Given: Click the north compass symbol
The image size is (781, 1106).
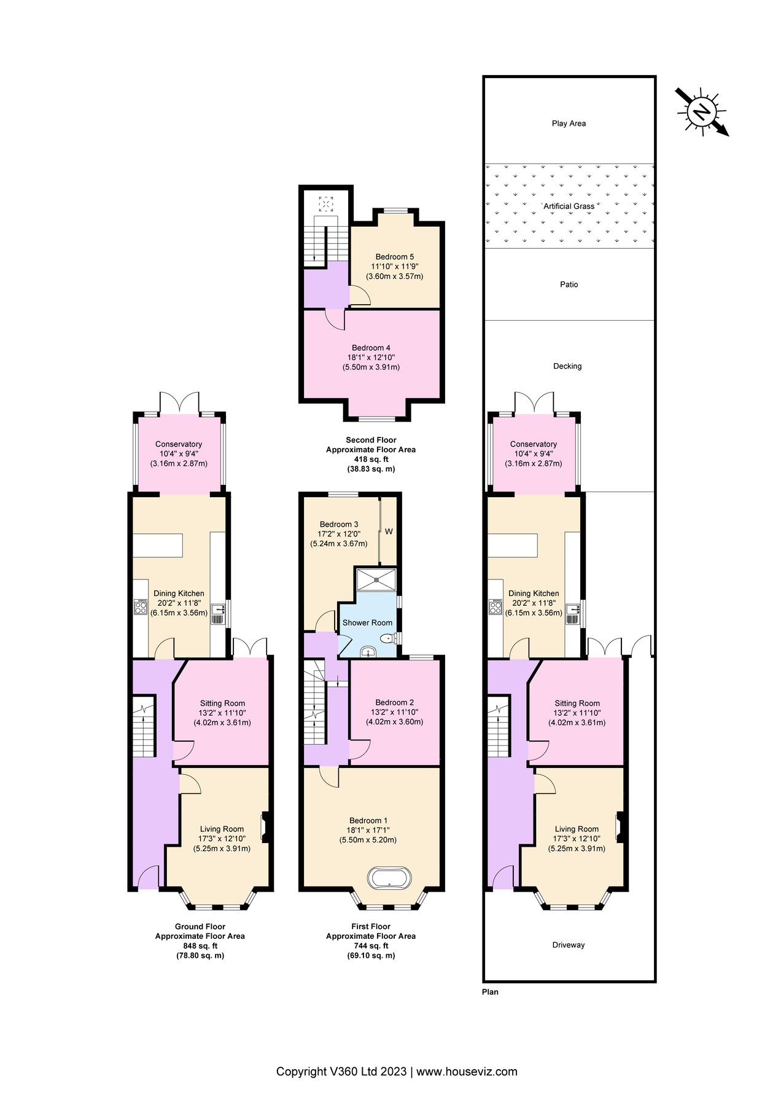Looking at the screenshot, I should click(701, 112).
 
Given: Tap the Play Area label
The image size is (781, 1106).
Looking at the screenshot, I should click(569, 124).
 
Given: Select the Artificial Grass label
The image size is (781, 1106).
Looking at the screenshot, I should click(569, 206).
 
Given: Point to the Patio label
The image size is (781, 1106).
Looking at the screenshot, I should click(569, 284).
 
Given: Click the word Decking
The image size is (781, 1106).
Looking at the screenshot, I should click(567, 366).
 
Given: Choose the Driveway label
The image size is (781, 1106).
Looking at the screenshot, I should click(569, 945).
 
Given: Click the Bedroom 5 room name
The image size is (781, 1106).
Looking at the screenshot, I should click(395, 257).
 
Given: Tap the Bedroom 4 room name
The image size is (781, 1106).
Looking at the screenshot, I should click(371, 348).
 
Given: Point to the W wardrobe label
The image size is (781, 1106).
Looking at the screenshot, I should click(389, 531).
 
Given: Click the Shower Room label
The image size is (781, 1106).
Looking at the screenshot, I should click(367, 622).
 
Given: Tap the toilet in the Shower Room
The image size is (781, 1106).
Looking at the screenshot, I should click(389, 639).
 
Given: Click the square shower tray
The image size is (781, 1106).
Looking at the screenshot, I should click(376, 579).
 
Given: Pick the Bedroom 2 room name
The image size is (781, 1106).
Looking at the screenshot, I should click(395, 702).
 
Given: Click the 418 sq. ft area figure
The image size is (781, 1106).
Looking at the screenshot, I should click(371, 459).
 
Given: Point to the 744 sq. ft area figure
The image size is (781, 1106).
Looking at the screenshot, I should click(371, 946).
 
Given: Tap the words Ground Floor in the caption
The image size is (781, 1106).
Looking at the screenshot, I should click(200, 927).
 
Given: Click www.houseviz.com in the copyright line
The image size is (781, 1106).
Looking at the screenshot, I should click(467, 1072).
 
